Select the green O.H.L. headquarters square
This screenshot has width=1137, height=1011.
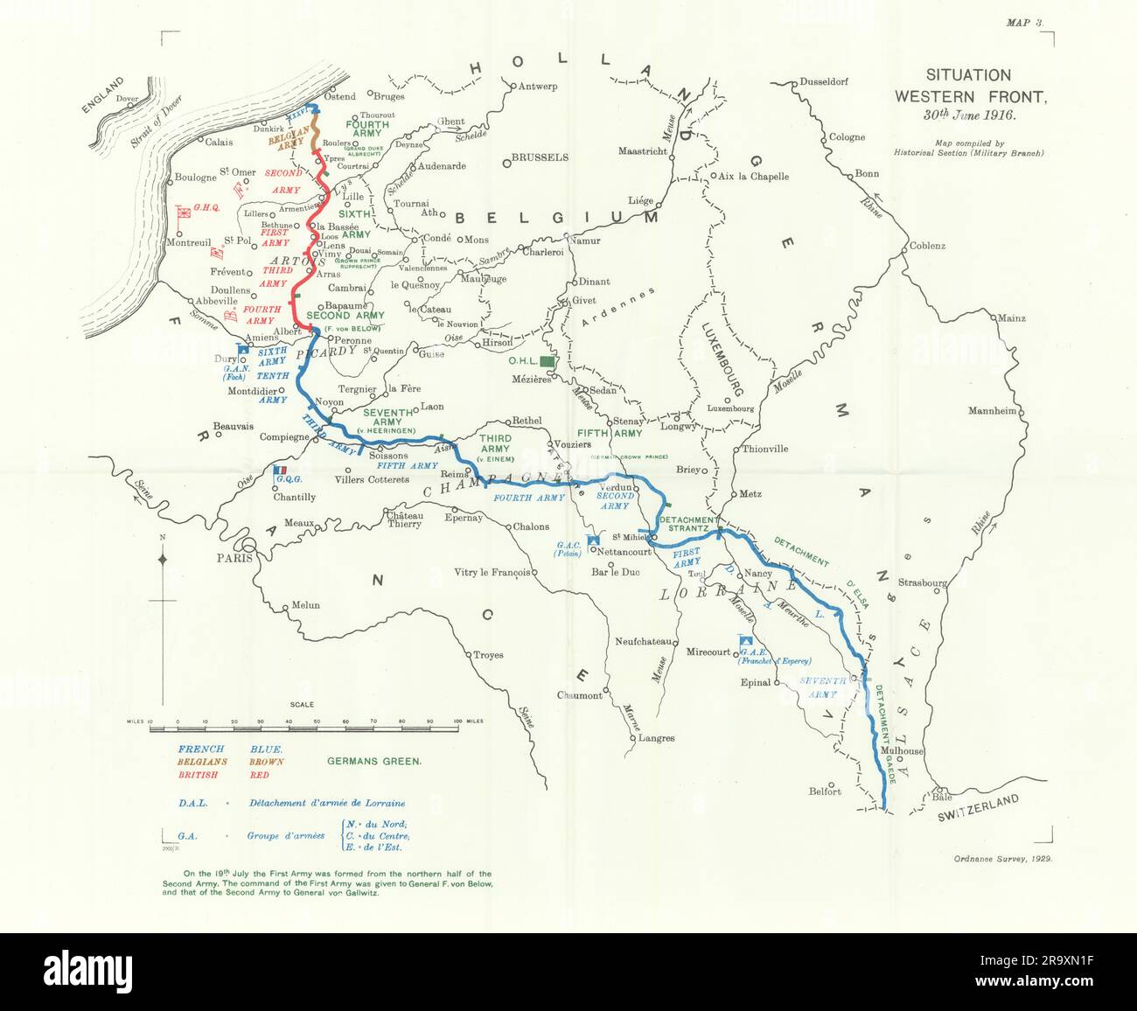[548, 360]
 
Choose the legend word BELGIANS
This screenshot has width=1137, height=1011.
[202, 762]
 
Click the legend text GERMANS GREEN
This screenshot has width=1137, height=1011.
[373, 761]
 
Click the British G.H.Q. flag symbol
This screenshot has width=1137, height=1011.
[184, 213]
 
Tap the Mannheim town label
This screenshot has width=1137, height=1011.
[992, 411]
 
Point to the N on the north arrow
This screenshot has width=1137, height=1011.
[163, 535]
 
